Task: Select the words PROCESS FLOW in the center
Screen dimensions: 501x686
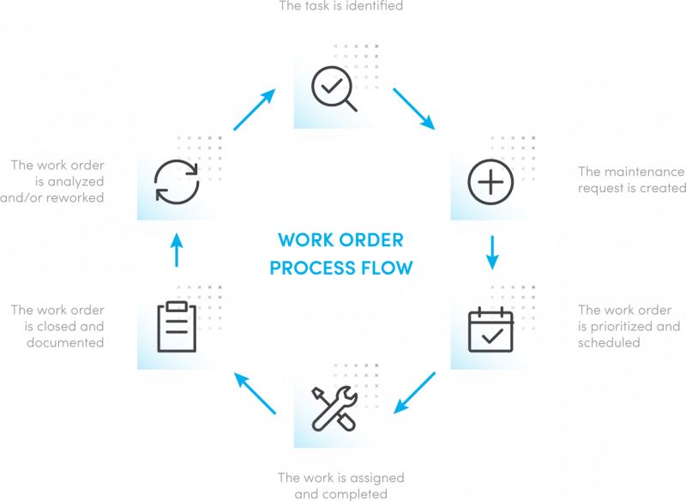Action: tap(341, 269)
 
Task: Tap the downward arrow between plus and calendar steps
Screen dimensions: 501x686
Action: tap(492, 252)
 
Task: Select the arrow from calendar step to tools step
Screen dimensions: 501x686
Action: tap(414, 393)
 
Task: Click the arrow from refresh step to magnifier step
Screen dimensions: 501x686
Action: tap(255, 109)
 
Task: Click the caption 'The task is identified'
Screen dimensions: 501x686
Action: tap(341, 7)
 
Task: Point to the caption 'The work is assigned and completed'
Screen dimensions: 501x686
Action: tap(340, 486)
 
